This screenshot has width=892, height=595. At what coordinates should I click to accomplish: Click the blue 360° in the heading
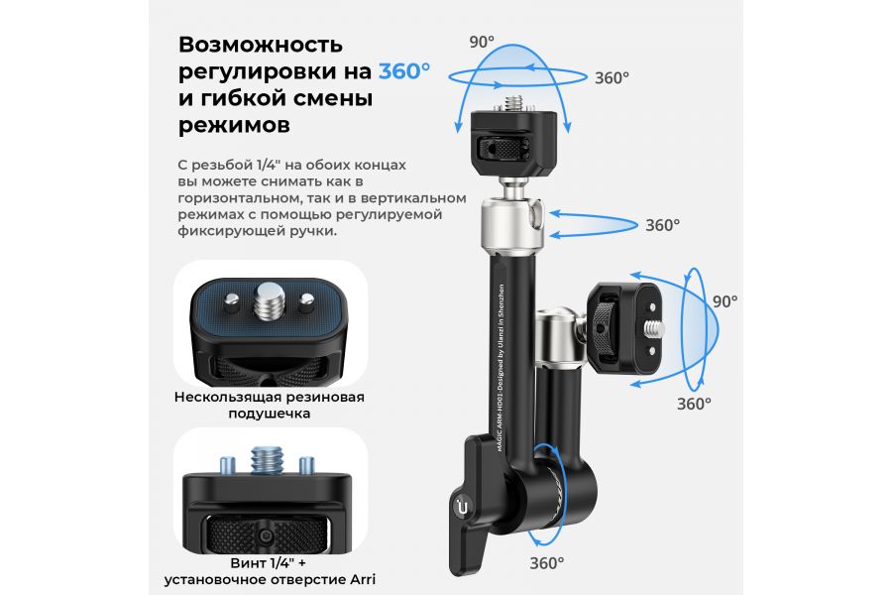pos(404,71)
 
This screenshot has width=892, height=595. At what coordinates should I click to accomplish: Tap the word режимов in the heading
pos(235,125)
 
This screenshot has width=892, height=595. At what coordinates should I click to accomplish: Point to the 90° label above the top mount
pos(482,43)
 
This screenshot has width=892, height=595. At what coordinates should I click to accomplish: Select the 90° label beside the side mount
pos(725,300)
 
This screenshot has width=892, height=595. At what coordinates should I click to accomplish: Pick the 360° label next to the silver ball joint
pos(662,225)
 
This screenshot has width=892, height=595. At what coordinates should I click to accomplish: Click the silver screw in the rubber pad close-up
pos(270,299)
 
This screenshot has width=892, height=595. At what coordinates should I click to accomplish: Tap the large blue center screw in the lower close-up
pos(268,460)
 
